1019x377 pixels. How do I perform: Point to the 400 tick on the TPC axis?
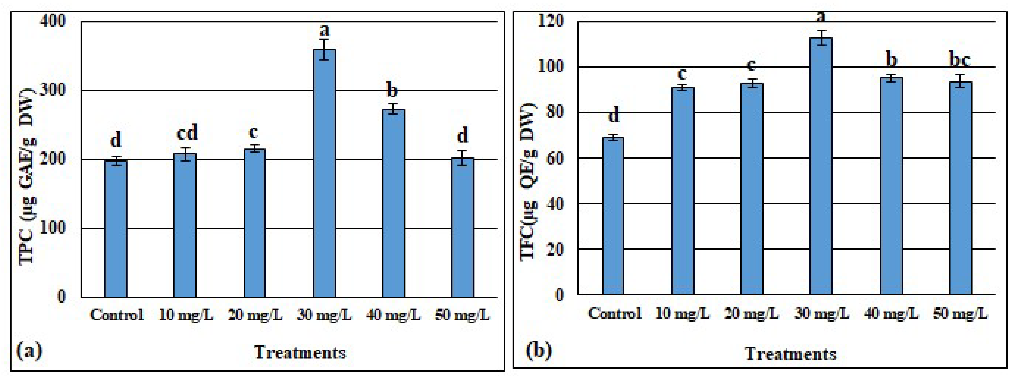tap(53, 21)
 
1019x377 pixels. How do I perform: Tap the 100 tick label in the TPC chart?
tap(53, 228)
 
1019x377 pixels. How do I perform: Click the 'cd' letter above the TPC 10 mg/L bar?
tap(187, 133)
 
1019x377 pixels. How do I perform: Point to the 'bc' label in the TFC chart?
tap(960, 60)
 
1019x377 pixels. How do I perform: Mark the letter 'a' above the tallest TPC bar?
tap(324, 29)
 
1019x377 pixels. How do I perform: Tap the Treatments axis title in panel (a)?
tap(300, 352)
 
